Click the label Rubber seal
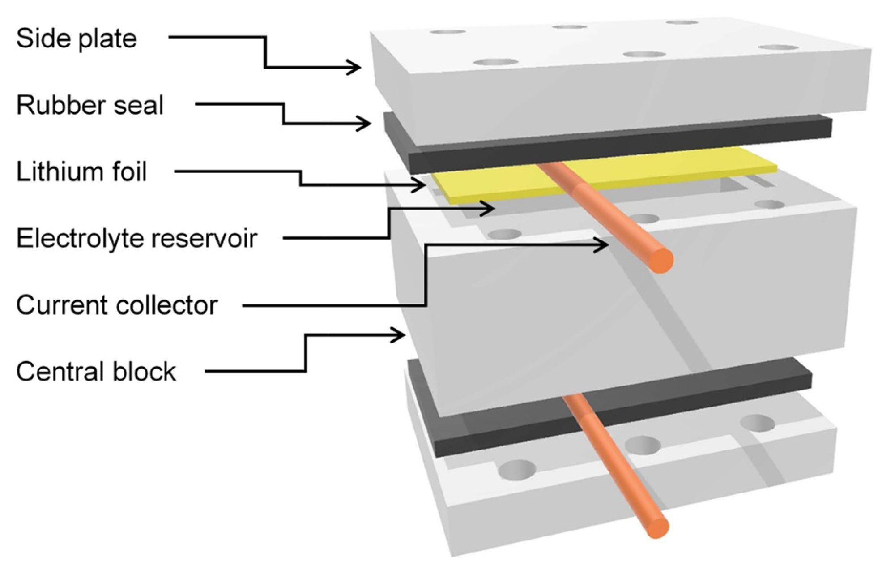click(89, 106)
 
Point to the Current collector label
click(116, 306)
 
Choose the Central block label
click(96, 372)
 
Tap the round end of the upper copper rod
click(660, 260)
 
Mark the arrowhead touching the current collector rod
click(602, 245)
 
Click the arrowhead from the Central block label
click(400, 335)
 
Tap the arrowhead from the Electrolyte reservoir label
click(489, 208)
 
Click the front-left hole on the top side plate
click(495, 62)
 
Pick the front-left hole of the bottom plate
click(517, 470)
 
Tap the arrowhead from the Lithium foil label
click(420, 184)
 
